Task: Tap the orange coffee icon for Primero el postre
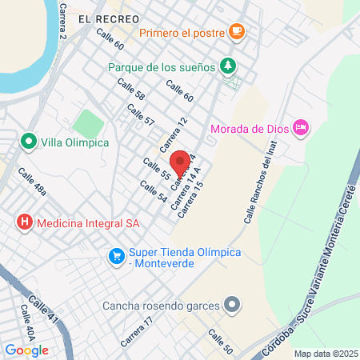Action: (x=236, y=32)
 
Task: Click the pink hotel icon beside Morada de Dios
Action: (x=301, y=127)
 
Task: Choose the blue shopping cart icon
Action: (x=118, y=257)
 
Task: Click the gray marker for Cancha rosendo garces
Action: (x=232, y=304)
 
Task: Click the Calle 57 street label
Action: (x=139, y=114)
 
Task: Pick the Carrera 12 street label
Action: (x=173, y=134)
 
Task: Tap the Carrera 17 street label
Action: (x=136, y=330)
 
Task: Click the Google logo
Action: (x=26, y=350)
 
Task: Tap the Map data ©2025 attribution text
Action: (x=325, y=353)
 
